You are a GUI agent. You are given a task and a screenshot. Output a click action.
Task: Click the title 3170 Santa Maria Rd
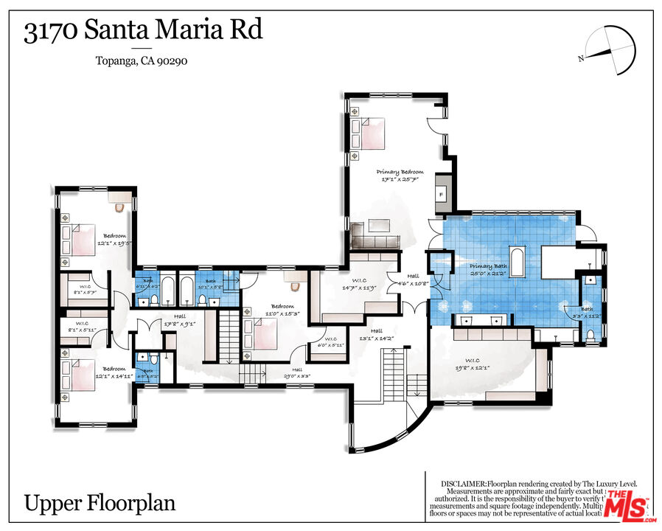[143, 31]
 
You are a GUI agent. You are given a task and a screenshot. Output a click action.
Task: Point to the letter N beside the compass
[582, 58]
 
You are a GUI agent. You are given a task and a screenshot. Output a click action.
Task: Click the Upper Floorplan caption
[100, 503]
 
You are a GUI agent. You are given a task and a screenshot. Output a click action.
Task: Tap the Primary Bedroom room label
[400, 176]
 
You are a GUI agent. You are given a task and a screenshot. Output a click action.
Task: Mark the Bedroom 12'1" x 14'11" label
[114, 372]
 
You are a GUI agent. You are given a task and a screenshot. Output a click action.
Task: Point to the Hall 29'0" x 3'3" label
[296, 373]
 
